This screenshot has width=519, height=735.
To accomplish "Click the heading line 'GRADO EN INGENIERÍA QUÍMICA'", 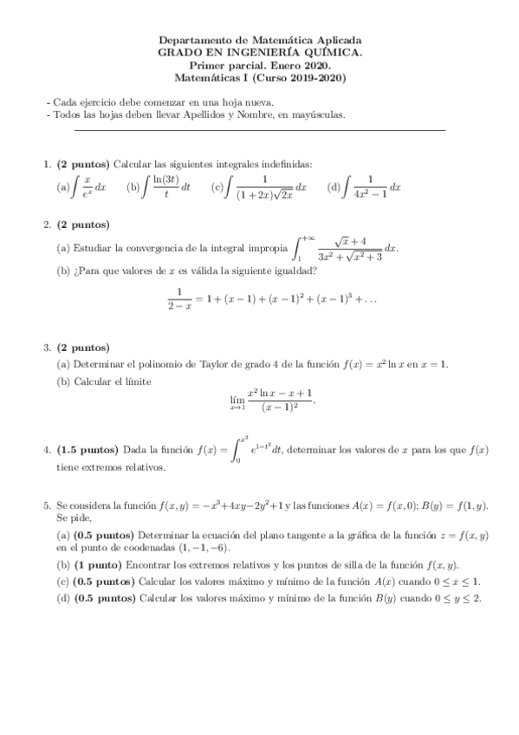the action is [259, 53].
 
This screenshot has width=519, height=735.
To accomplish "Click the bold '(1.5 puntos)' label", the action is [88, 450].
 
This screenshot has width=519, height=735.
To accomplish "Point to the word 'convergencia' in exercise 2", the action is [173, 247].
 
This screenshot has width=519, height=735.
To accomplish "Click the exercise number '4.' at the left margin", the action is [47, 450].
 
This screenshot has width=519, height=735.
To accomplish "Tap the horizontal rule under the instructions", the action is [260, 130].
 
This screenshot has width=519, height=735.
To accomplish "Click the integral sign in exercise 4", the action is [237, 450].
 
